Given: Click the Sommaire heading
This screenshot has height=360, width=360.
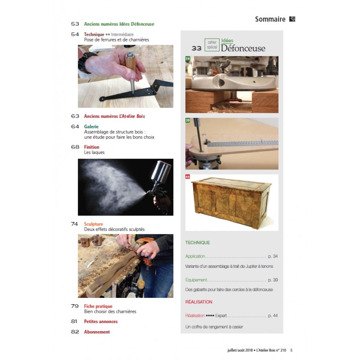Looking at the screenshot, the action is (x=270, y=19).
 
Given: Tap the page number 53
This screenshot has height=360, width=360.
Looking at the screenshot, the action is (x=75, y=24).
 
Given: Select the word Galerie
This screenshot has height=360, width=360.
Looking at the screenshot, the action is (x=91, y=126).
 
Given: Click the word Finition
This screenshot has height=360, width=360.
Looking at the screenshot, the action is (x=92, y=147).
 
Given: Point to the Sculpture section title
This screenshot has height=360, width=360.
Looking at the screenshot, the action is (x=94, y=224).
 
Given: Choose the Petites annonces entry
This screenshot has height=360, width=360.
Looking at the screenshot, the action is (x=101, y=321).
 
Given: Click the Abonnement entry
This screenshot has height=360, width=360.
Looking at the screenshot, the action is (x=97, y=332).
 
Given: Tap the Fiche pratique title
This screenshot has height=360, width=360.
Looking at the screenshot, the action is (x=98, y=306).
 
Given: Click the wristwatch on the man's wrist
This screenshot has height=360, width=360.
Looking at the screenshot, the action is (x=86, y=62).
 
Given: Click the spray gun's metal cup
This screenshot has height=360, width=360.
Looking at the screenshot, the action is (x=161, y=171).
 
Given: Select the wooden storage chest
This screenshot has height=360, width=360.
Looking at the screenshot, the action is (x=231, y=202).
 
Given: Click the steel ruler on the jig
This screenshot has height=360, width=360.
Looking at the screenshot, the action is (x=241, y=143).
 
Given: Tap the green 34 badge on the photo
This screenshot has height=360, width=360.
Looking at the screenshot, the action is (x=188, y=58).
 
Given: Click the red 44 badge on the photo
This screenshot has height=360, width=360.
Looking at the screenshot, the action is (x=188, y=176).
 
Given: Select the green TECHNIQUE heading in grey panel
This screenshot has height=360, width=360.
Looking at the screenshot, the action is (x=198, y=243).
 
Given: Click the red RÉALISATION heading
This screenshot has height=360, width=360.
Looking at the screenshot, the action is (x=198, y=302).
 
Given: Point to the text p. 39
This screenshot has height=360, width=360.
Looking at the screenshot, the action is (x=273, y=280).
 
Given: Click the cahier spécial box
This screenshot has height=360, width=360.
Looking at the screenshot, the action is (x=212, y=45).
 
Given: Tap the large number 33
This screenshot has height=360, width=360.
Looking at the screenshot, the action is (x=197, y=48).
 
